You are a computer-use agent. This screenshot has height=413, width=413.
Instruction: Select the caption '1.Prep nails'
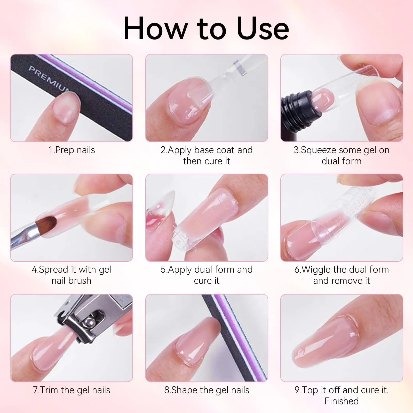pyautogui.click(x=72, y=150)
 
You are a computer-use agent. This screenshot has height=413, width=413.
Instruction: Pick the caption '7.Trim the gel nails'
pyautogui.click(x=72, y=390)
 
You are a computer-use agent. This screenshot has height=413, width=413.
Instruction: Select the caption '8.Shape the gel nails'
pyautogui.click(x=207, y=390)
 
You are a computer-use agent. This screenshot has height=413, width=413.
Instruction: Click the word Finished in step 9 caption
pyautogui.click(x=341, y=401)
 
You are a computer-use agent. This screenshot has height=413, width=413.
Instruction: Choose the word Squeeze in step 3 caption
pyautogui.click(x=319, y=150)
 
